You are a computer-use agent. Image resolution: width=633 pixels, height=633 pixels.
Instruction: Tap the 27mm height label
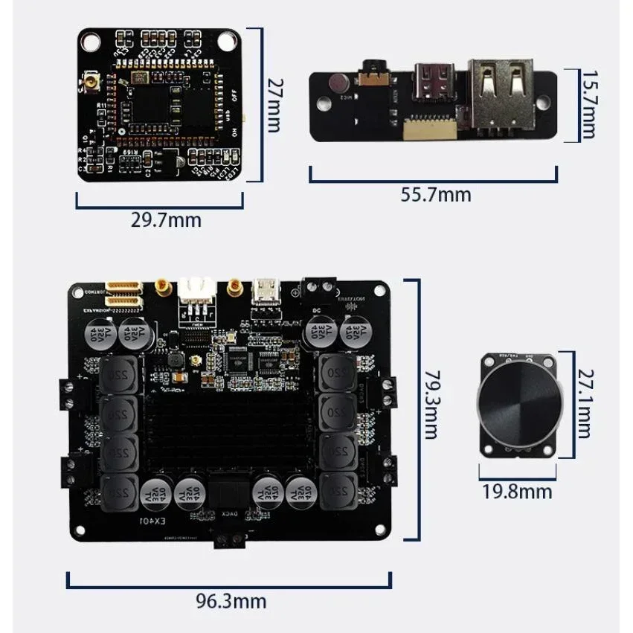click(274, 105)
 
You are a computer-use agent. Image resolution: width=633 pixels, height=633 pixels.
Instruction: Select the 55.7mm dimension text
click(436, 195)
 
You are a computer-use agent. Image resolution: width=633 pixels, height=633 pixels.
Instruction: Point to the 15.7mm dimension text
click(589, 105)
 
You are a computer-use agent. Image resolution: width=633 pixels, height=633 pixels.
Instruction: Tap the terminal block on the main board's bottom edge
click(230, 540)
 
